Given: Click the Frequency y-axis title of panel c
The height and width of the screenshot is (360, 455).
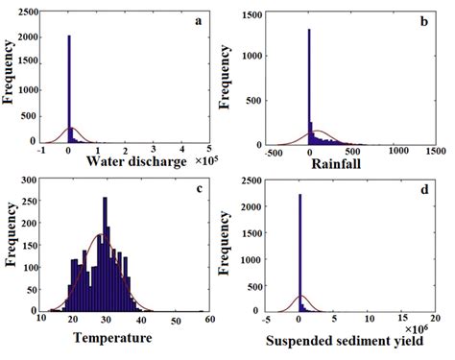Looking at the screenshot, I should tap(9, 248).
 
